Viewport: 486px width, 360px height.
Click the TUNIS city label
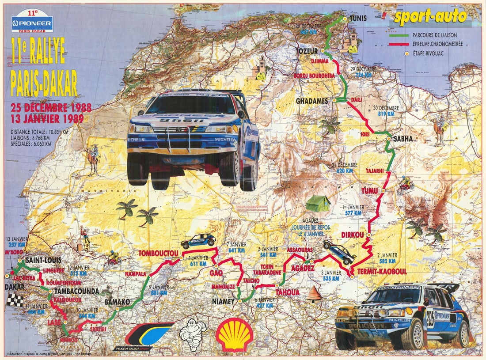358,19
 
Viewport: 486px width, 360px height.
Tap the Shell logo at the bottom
234,334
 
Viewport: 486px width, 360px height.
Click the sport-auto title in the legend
430,17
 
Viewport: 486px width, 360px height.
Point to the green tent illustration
318,204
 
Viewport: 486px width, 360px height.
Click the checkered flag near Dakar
14,300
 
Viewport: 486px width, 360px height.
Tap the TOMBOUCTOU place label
158,254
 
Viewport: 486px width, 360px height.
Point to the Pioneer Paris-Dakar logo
32,24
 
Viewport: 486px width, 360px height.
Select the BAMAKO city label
117,302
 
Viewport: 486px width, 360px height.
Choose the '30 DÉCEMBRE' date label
386,108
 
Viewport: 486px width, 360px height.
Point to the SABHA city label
402,139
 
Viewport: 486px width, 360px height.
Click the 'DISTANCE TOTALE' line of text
40,131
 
